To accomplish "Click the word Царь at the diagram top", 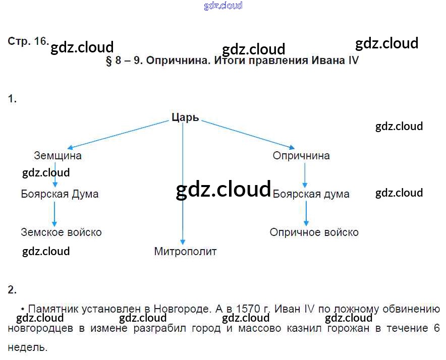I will point(185,118).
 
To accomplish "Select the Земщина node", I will point(58,156).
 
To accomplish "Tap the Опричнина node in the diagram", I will point(301,156).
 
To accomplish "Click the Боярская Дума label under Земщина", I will point(60,194).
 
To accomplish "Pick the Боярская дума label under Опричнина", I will point(311,194).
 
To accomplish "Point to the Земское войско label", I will point(61,232).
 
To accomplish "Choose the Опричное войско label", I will point(314,232).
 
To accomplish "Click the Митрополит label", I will point(185,251).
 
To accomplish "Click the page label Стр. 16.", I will point(28,42).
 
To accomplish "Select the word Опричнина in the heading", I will point(171,61).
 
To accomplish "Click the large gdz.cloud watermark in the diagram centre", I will point(223,189).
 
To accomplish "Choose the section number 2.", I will point(12,290).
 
